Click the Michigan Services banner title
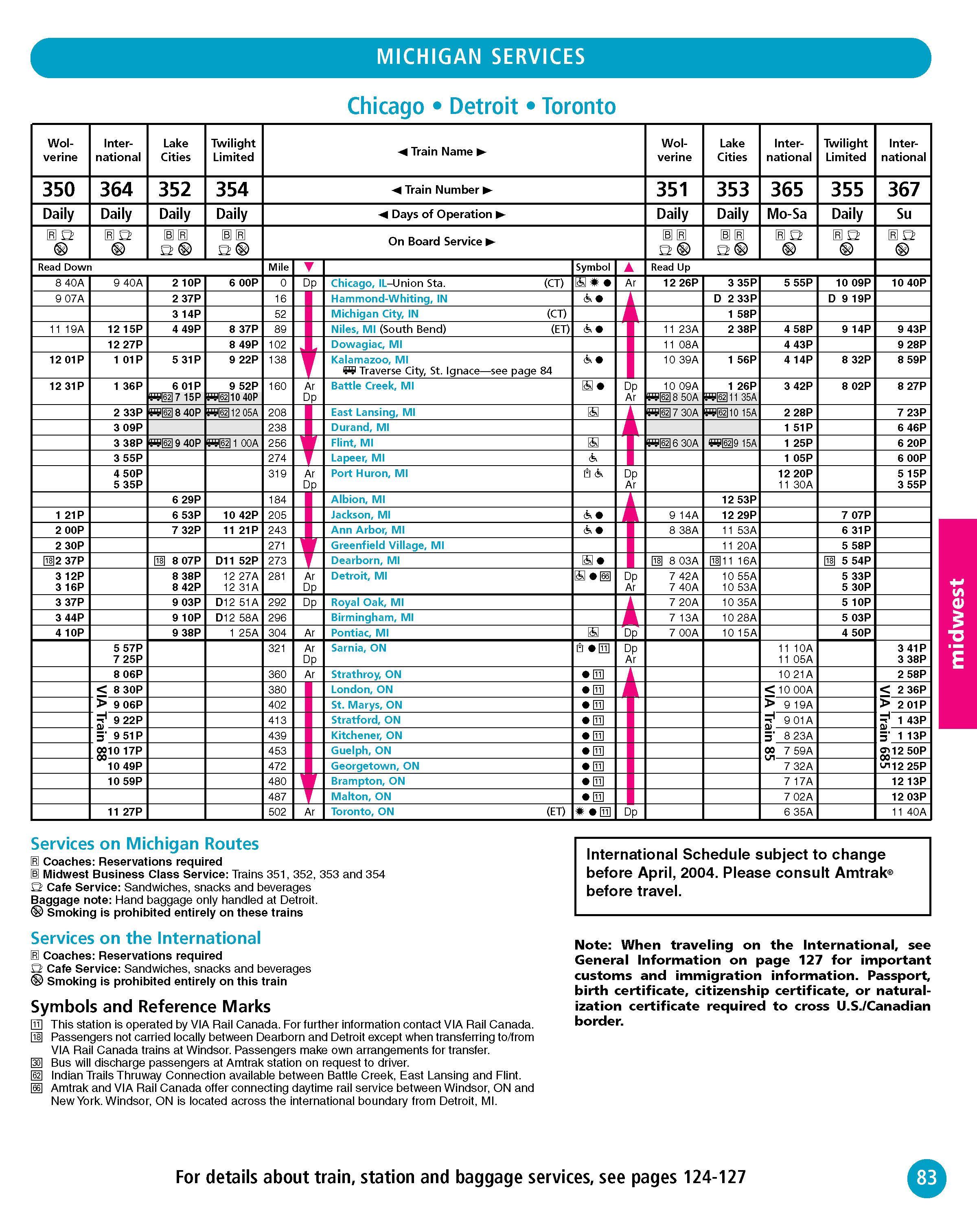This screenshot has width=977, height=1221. tap(480, 57)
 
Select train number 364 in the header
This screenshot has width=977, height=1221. tap(117, 189)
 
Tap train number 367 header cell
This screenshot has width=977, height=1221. tap(903, 189)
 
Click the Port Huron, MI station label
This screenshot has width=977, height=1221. tap(369, 473)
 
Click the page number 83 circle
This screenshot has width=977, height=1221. tap(927, 1177)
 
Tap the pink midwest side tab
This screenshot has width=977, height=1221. tap(957, 624)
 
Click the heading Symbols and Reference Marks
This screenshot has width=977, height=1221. tap(151, 1007)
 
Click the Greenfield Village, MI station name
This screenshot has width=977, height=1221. tap(388, 545)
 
